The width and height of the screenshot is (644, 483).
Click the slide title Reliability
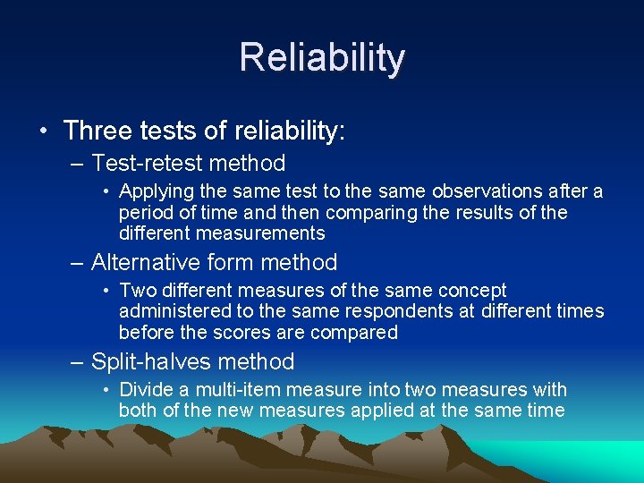(x=322, y=58)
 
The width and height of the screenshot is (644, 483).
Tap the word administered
(x=174, y=311)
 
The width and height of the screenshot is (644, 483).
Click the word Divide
(x=146, y=390)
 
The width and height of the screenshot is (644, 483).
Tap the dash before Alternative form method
(x=77, y=263)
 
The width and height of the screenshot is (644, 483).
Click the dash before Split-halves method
(x=77, y=362)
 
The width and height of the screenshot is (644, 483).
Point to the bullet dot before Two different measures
(x=106, y=291)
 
